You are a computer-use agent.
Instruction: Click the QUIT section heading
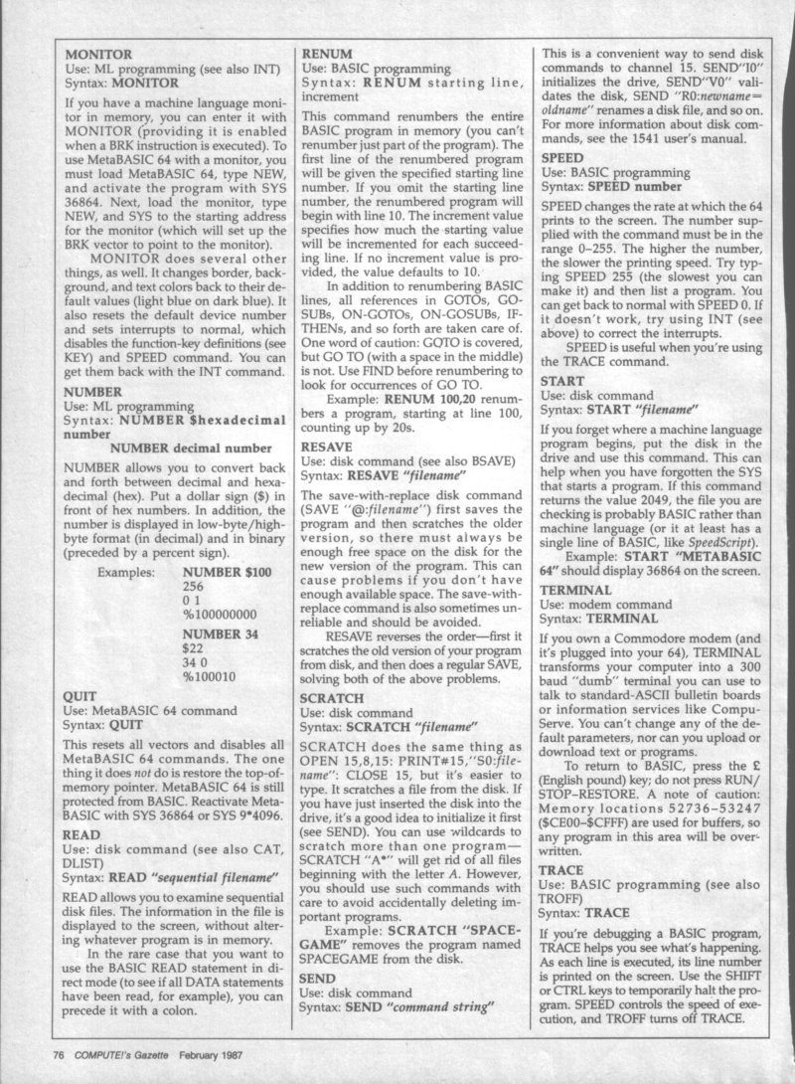point(79,697)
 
